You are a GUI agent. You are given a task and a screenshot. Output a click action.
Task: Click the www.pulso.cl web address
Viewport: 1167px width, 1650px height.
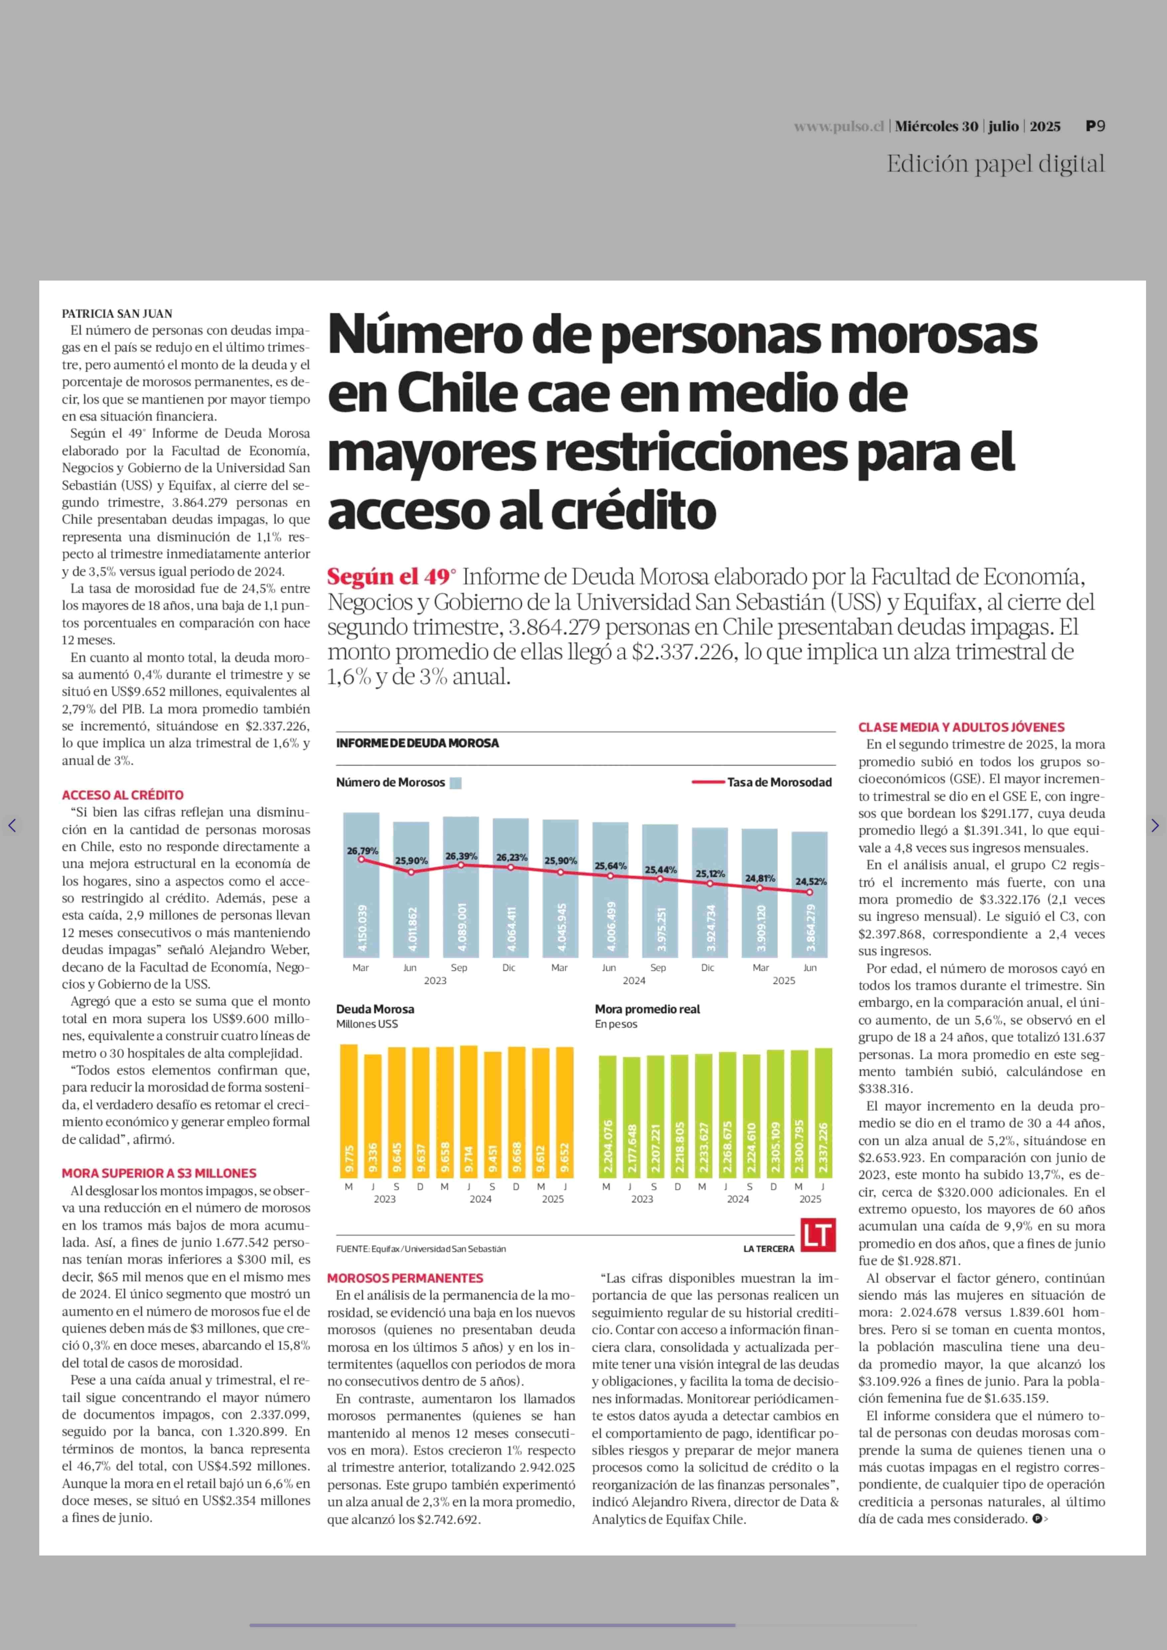click(x=839, y=126)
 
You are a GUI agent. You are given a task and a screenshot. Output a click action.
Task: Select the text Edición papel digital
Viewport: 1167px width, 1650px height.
click(x=995, y=164)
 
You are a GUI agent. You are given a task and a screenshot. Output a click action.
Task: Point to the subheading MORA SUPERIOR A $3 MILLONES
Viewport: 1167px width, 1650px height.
click(x=159, y=1173)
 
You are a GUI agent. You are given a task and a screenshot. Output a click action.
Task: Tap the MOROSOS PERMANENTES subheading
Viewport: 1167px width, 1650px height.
click(x=405, y=1278)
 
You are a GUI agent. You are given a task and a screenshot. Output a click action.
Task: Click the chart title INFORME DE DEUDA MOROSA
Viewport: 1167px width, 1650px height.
click(x=417, y=743)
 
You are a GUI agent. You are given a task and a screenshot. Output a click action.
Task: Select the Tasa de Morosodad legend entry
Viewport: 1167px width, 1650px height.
click(x=762, y=782)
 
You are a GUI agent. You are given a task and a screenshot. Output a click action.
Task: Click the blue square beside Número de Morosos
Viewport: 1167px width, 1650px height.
click(x=456, y=783)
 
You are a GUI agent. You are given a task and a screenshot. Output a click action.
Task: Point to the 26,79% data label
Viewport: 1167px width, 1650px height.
click(x=362, y=851)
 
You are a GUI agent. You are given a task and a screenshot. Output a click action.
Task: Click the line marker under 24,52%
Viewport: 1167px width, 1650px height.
click(x=810, y=892)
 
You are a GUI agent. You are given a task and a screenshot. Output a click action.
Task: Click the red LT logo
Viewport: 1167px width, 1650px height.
click(x=818, y=1235)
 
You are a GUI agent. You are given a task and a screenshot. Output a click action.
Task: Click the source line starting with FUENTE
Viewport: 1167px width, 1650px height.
click(x=421, y=1249)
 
